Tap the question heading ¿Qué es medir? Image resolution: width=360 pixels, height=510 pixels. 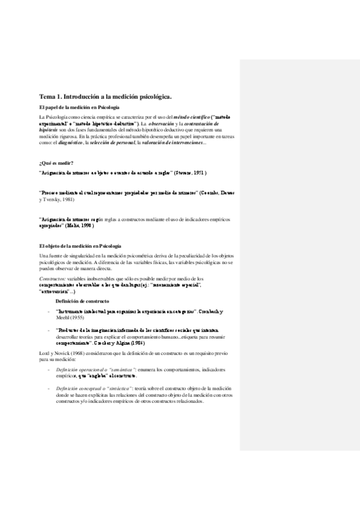[56, 163]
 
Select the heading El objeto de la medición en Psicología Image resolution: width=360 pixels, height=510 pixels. [80, 247]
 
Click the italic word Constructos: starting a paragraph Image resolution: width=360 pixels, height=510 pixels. [52, 278]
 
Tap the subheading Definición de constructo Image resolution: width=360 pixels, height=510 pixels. [82, 300]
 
